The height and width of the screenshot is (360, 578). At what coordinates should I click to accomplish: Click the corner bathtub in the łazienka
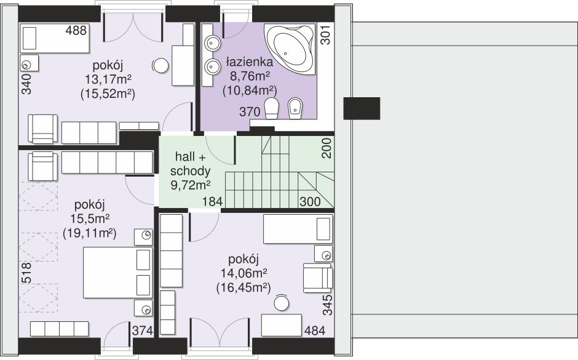290,49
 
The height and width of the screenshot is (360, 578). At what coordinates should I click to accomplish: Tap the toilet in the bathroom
271,108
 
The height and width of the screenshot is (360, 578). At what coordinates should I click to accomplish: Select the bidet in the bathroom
295,108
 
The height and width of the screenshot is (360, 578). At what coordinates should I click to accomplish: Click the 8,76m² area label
250,76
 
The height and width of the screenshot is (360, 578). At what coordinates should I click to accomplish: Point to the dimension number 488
76,30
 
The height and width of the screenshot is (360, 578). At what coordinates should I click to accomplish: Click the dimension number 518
26,273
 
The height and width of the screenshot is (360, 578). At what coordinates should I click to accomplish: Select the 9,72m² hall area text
191,185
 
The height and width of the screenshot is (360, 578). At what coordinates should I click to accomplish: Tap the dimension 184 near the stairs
212,201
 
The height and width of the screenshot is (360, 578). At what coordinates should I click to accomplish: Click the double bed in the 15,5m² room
118,273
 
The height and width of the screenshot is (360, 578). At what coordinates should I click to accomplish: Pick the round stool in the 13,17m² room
160,66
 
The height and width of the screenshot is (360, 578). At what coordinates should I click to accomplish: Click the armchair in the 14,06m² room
318,278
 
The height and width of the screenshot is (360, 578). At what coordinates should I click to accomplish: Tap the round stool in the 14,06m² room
282,303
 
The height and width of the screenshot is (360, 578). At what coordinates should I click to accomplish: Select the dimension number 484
315,331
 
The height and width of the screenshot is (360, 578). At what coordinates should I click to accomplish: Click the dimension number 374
142,330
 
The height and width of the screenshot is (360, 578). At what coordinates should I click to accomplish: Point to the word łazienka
249,62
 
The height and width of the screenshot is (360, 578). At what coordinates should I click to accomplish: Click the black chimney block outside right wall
362,108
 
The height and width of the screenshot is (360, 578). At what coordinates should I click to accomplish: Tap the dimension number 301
326,35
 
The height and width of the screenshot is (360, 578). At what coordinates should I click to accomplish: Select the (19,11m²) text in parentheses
90,233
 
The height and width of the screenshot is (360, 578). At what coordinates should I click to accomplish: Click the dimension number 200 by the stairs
327,148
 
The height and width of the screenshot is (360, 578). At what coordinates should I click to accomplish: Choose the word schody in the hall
190,171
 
